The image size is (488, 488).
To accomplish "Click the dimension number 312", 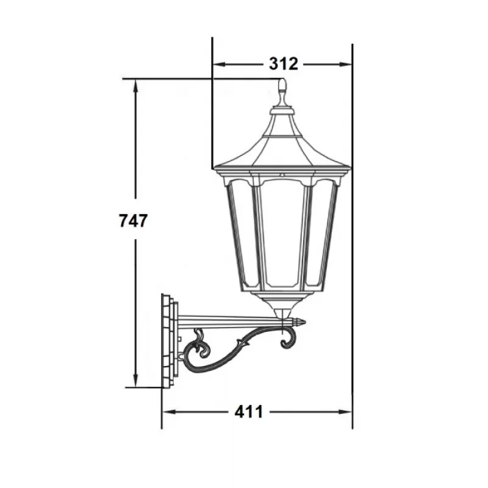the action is click(283, 64).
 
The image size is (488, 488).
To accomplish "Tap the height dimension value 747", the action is click(133, 220).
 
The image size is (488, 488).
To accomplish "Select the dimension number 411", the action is click(249, 412).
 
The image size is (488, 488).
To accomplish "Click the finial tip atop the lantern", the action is click(282, 80).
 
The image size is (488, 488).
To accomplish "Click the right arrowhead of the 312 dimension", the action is click(346, 65).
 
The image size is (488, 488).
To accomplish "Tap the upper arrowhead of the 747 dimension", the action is click(135, 85).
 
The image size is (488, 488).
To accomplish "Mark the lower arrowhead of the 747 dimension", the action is click(135, 381).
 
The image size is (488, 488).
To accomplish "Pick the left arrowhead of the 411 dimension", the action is click(169, 412).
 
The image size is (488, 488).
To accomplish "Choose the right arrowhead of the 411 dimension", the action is click(345, 412).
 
